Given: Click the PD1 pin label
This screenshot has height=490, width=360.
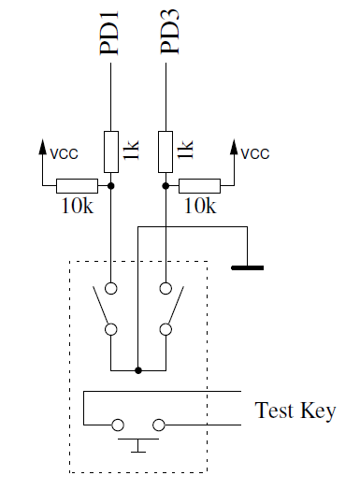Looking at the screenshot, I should [110, 35].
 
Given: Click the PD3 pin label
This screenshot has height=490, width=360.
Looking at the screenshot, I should [168, 35].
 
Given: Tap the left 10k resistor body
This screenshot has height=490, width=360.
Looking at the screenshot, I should [77, 186].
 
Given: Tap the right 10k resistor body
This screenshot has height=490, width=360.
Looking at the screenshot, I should [199, 186].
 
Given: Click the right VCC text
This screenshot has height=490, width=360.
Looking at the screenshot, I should [255, 152].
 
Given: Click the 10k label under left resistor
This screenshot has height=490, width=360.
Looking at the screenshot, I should [76, 208].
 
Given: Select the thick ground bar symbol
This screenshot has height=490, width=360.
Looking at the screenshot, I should [247, 268].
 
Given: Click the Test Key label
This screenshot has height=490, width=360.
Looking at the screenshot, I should [295, 411].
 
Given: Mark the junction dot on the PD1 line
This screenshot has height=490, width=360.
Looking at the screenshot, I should [111, 186].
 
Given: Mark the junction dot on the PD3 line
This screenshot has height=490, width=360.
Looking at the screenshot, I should [166, 186].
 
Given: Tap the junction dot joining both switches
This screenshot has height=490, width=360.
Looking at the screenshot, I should [138, 370].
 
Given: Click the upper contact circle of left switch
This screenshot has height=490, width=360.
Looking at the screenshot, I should [111, 289].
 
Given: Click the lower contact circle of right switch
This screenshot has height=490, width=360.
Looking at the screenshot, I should [166, 329].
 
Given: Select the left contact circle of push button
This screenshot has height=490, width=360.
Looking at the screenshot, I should [119, 425].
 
